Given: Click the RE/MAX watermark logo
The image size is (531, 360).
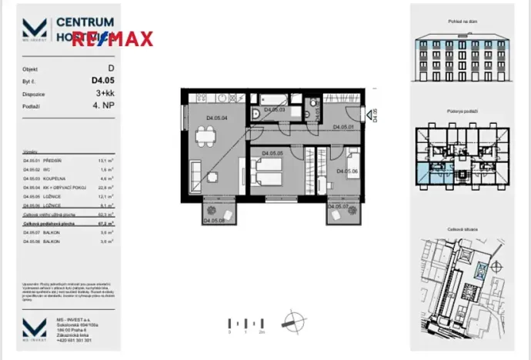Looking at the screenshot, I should click(x=113, y=38).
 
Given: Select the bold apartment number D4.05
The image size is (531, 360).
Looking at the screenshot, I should click(x=104, y=79).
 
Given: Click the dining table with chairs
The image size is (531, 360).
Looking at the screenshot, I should click(x=205, y=139).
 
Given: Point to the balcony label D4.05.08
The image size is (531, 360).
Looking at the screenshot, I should click(x=213, y=222).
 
